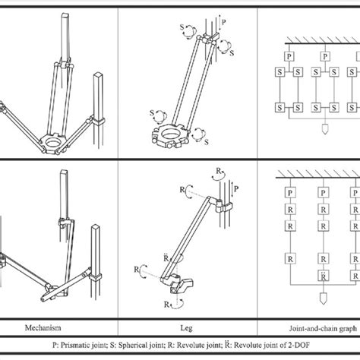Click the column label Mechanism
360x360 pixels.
(x=43, y=327)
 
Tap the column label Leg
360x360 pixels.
(x=186, y=328)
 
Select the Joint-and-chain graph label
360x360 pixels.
(x=323, y=329)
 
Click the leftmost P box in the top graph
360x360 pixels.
(x=289, y=56)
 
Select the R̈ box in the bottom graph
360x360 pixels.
(x=324, y=276)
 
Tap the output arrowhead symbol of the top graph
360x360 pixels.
(x=325, y=129)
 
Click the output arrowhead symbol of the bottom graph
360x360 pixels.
(x=324, y=298)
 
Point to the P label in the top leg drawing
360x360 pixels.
(x=223, y=22)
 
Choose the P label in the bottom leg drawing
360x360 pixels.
(x=236, y=188)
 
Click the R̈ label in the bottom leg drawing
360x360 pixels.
(x=166, y=258)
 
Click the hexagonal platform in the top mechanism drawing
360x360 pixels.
(x=52, y=143)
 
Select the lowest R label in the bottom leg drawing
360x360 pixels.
(x=166, y=304)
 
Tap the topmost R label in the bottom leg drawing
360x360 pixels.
(x=218, y=171)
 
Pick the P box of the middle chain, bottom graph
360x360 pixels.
(x=323, y=193)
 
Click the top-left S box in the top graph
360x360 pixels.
(x=279, y=72)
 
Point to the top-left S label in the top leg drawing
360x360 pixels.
(x=182, y=27)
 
